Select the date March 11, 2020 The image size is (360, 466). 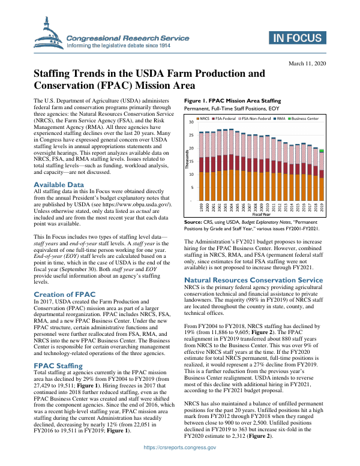click(x=306, y=64)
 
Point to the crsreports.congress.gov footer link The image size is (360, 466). click(x=179, y=448)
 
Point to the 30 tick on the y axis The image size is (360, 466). click(x=190, y=122)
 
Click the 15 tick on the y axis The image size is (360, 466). click(x=190, y=161)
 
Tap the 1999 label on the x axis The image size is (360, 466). click(x=201, y=208)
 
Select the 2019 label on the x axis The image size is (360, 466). click(x=322, y=208)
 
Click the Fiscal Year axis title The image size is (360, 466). click(x=262, y=214)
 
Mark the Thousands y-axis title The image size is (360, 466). click(x=187, y=161)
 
